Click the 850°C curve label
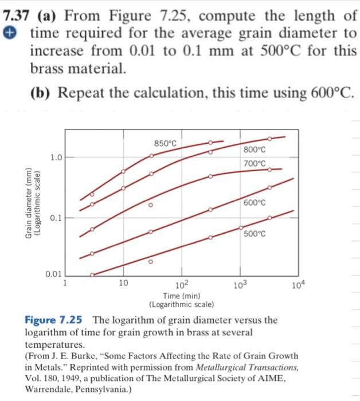click(x=166, y=143)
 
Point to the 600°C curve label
click(x=255, y=203)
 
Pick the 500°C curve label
click(x=255, y=234)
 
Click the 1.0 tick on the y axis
click(x=55, y=156)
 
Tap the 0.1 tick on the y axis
click(x=55, y=218)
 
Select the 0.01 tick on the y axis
click(x=53, y=274)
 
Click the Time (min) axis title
click(x=182, y=296)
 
